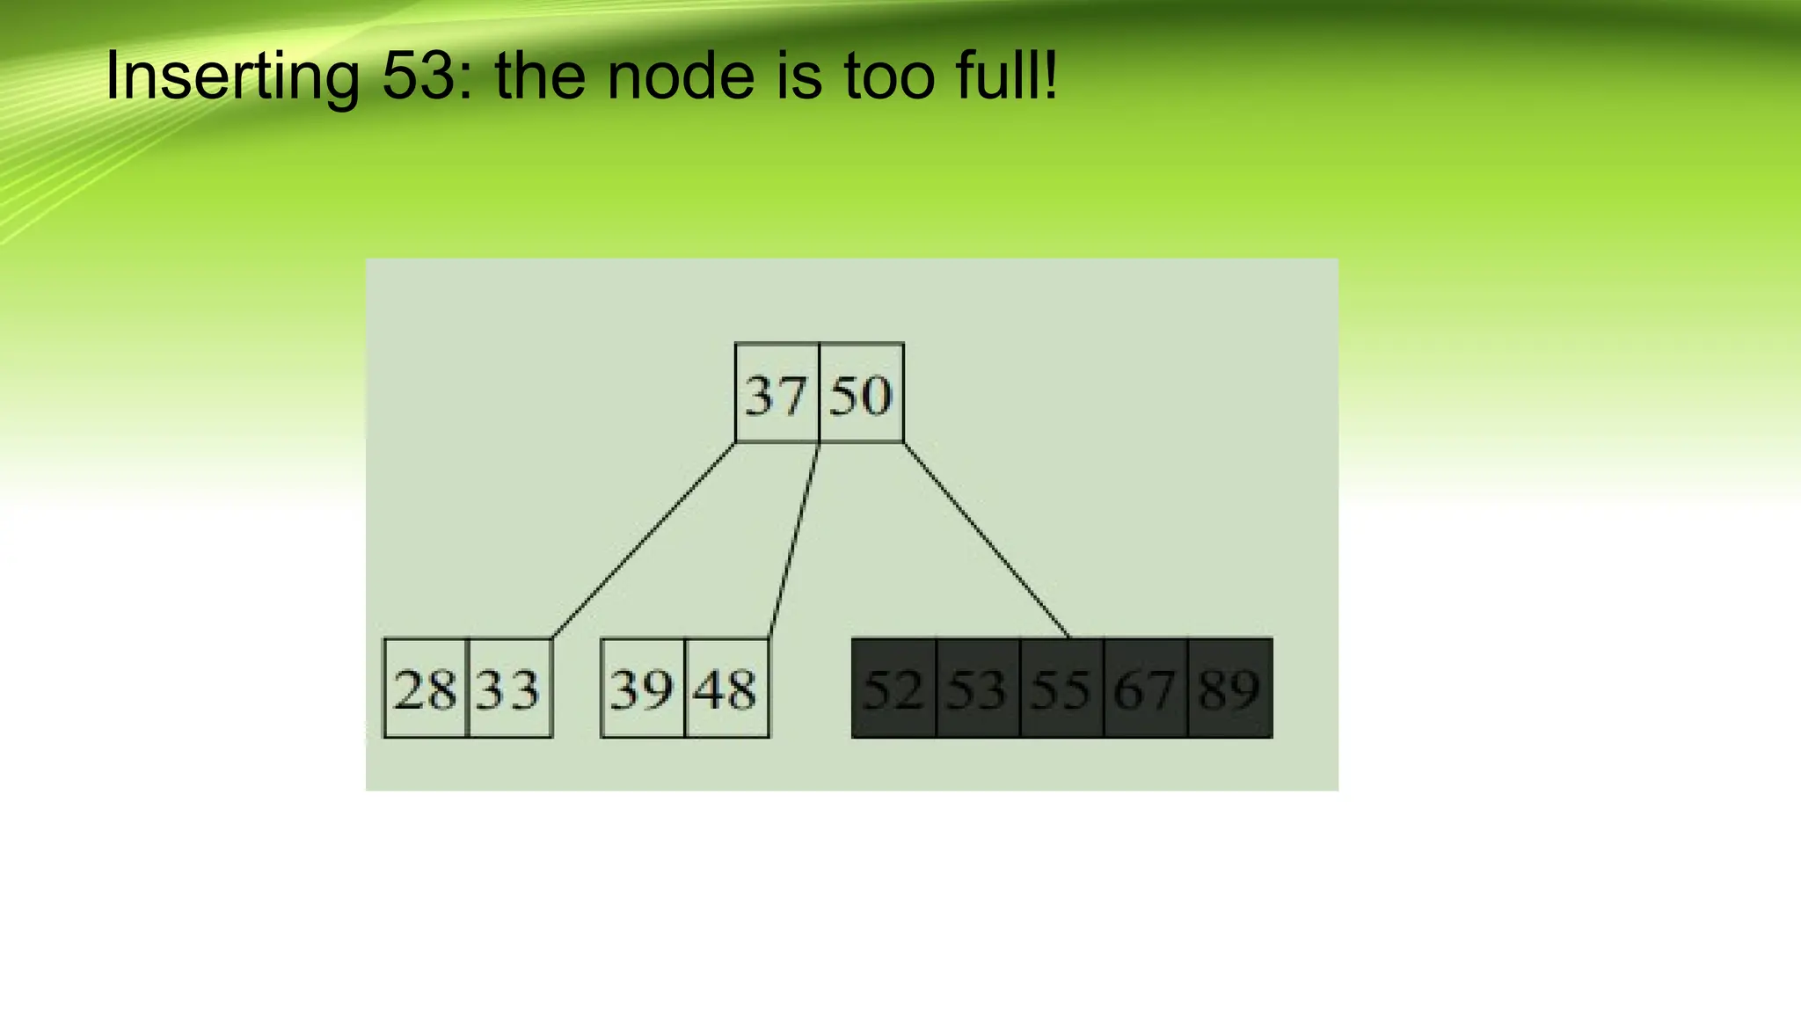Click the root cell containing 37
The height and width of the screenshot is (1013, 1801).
777,393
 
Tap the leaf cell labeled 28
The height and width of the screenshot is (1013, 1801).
426,689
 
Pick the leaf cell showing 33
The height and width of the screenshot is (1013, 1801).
510,689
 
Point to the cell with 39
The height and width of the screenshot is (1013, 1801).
642,689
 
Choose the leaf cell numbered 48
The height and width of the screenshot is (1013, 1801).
726,689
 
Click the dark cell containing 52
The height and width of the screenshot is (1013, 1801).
893,689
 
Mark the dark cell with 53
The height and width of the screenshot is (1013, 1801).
978,689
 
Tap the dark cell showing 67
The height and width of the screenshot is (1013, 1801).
1146,689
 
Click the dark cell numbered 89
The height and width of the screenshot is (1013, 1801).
1230,689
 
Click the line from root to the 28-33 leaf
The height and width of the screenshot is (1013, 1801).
644,540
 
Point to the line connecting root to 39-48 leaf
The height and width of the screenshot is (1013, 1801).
794,540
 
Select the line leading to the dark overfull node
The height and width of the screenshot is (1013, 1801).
987,540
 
